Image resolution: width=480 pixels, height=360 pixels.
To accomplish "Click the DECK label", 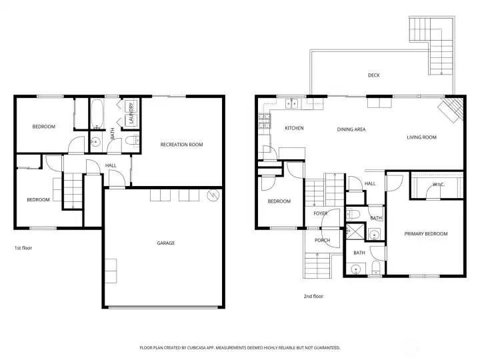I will [x=373, y=75].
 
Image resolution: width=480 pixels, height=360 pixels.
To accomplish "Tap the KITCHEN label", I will [x=294, y=128].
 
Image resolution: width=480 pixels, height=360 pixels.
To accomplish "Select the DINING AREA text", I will [x=351, y=129].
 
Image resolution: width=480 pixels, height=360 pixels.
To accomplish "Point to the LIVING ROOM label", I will [x=421, y=137].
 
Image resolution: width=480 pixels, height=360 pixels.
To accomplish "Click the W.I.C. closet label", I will [x=439, y=184].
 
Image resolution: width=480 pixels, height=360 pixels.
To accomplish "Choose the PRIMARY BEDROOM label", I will [x=425, y=234].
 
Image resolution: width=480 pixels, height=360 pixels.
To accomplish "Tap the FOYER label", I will [x=321, y=213].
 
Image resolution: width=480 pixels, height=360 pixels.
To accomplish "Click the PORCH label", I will [x=322, y=241].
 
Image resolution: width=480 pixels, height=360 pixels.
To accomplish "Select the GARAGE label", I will [x=165, y=243].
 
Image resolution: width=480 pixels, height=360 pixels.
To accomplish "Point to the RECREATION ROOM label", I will [x=181, y=145].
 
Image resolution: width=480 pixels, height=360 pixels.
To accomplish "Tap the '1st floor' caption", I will [x=23, y=248].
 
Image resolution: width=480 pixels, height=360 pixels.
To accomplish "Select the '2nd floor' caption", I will [x=313, y=296].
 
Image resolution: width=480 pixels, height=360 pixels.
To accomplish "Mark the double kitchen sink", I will [x=291, y=103].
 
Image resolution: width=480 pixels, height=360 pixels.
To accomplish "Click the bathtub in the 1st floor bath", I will [x=96, y=113].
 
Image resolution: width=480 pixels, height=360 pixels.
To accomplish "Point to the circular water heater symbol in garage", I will [x=213, y=195].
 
